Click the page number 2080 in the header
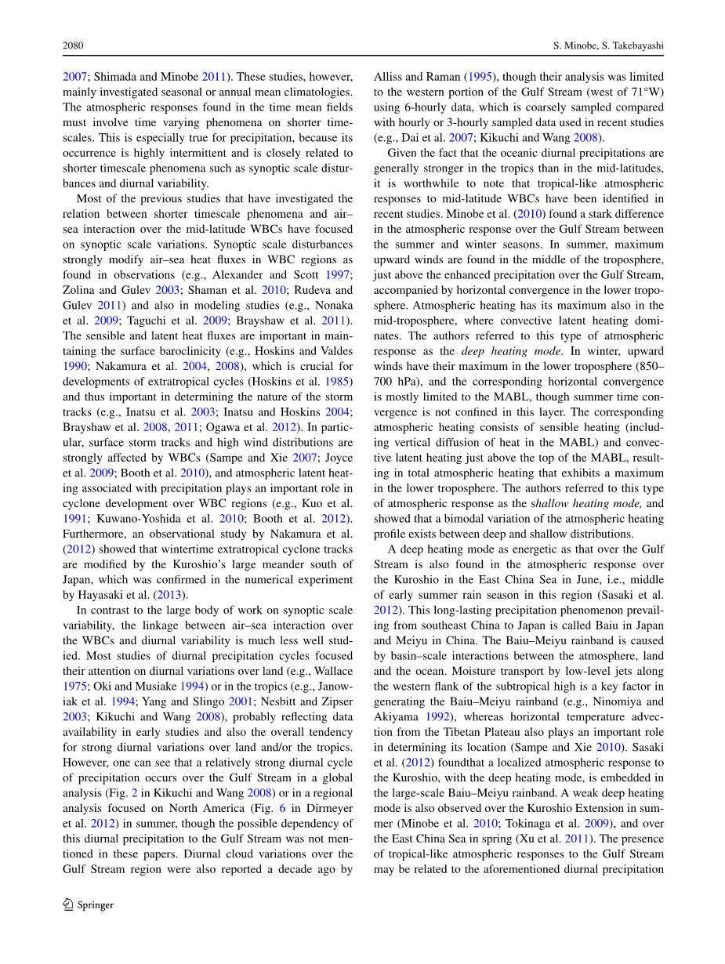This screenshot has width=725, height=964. (73, 46)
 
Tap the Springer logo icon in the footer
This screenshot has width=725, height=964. (68, 904)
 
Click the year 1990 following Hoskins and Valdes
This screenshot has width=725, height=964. (74, 366)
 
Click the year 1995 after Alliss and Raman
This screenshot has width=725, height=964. (478, 77)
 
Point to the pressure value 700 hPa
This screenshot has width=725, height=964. (398, 381)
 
